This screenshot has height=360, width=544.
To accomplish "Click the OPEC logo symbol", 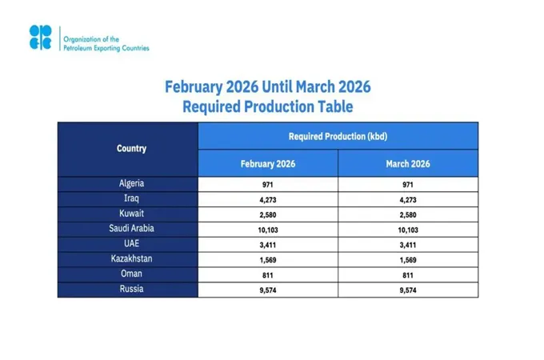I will [40, 38].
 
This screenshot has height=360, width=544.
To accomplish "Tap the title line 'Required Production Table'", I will [267, 106].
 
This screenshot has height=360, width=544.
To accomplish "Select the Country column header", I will [131, 149].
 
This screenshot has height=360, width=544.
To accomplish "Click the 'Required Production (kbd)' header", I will [338, 136].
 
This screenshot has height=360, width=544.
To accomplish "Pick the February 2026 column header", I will [268, 163].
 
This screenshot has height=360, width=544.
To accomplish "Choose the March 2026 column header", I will [408, 163].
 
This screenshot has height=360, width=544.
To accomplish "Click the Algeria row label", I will [131, 184].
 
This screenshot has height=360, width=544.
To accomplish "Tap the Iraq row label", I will [131, 198].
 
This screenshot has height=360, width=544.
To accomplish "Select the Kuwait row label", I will [131, 214].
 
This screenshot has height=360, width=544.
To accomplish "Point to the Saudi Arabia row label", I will [131, 228].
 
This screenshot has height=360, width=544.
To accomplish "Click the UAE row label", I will [131, 243].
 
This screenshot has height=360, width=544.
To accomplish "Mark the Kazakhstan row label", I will [131, 258].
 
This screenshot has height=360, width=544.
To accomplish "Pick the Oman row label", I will [131, 274].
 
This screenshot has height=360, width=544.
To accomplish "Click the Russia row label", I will [131, 288].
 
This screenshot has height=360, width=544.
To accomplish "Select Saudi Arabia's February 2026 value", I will [268, 229].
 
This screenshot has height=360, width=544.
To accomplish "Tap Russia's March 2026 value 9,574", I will [408, 289].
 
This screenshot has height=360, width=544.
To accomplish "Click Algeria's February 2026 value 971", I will [268, 185].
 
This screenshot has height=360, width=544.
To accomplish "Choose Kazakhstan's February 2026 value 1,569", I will [268, 259].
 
